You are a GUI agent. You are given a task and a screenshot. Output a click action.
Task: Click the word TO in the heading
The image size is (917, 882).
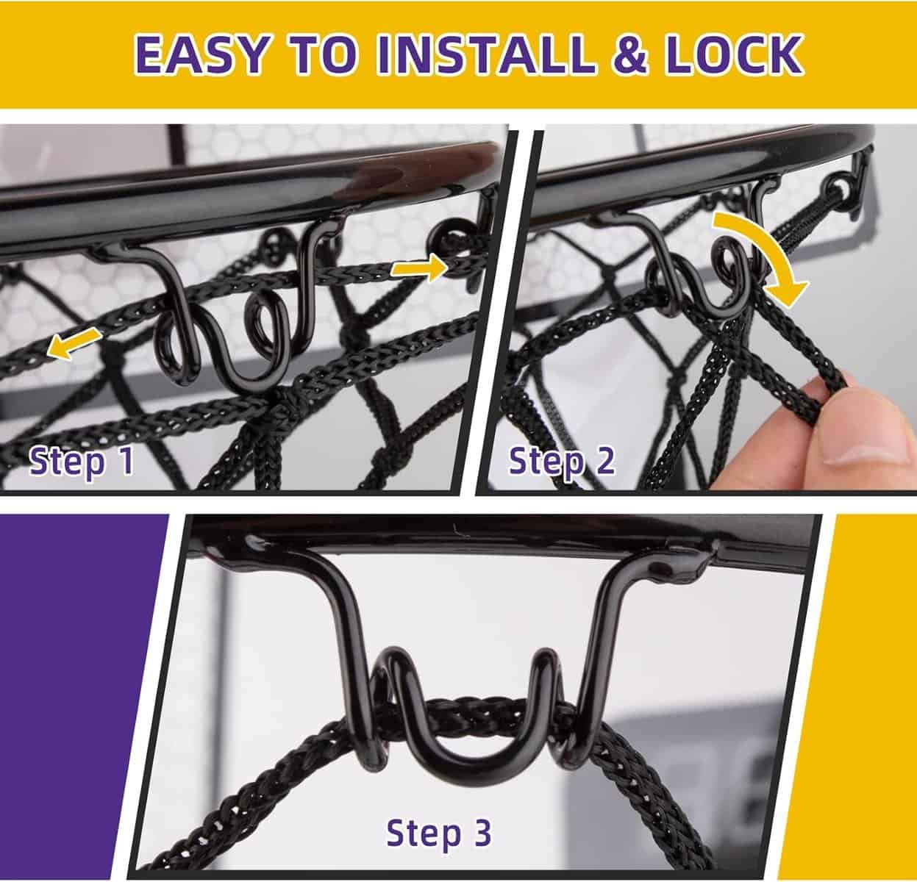click(321, 54)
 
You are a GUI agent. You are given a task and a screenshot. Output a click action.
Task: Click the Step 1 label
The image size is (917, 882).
click(81, 462)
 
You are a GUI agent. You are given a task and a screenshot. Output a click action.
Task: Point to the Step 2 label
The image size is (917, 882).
click(562, 461)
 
